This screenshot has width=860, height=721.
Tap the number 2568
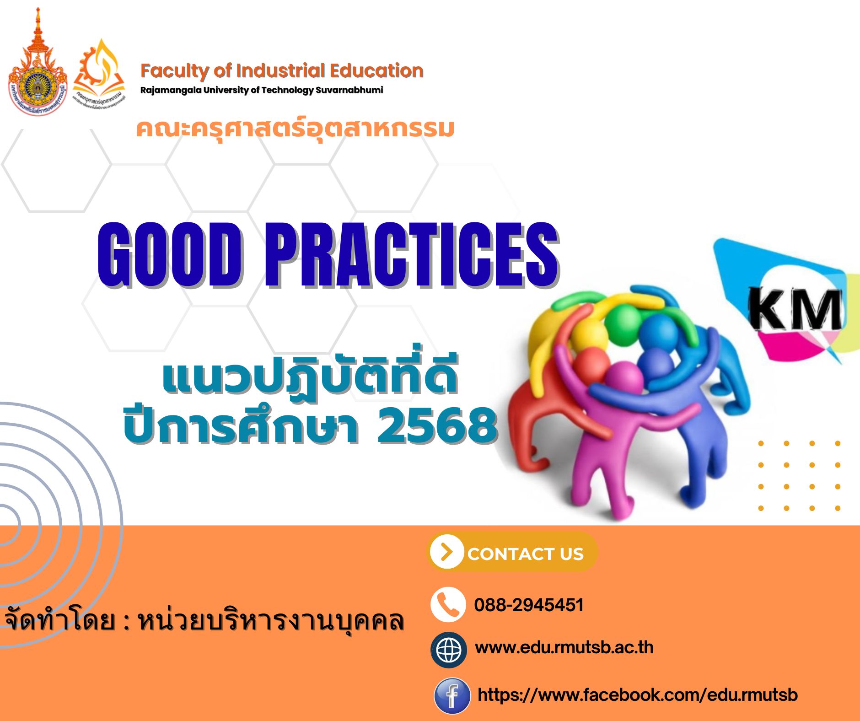(x=437, y=426)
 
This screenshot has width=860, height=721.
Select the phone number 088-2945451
(x=529, y=605)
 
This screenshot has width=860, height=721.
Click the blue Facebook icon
(x=452, y=696)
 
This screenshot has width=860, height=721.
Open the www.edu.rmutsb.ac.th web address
(x=564, y=648)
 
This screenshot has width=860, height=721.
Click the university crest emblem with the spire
(x=38, y=69)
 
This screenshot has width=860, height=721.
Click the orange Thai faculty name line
(x=295, y=129)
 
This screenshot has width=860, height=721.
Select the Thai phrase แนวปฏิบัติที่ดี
(x=310, y=380)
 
